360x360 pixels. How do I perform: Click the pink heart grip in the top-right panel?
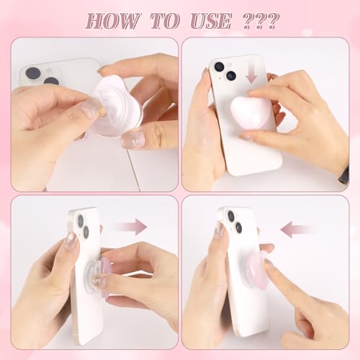pos(248,113)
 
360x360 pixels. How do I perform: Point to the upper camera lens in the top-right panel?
pos(219,67)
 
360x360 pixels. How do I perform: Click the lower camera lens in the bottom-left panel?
pos(85,232)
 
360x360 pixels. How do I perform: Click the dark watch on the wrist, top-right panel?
pos(343,175)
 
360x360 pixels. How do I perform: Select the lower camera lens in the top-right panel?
pos(230,75)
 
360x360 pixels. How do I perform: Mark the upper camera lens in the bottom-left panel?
pos(80,219)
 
